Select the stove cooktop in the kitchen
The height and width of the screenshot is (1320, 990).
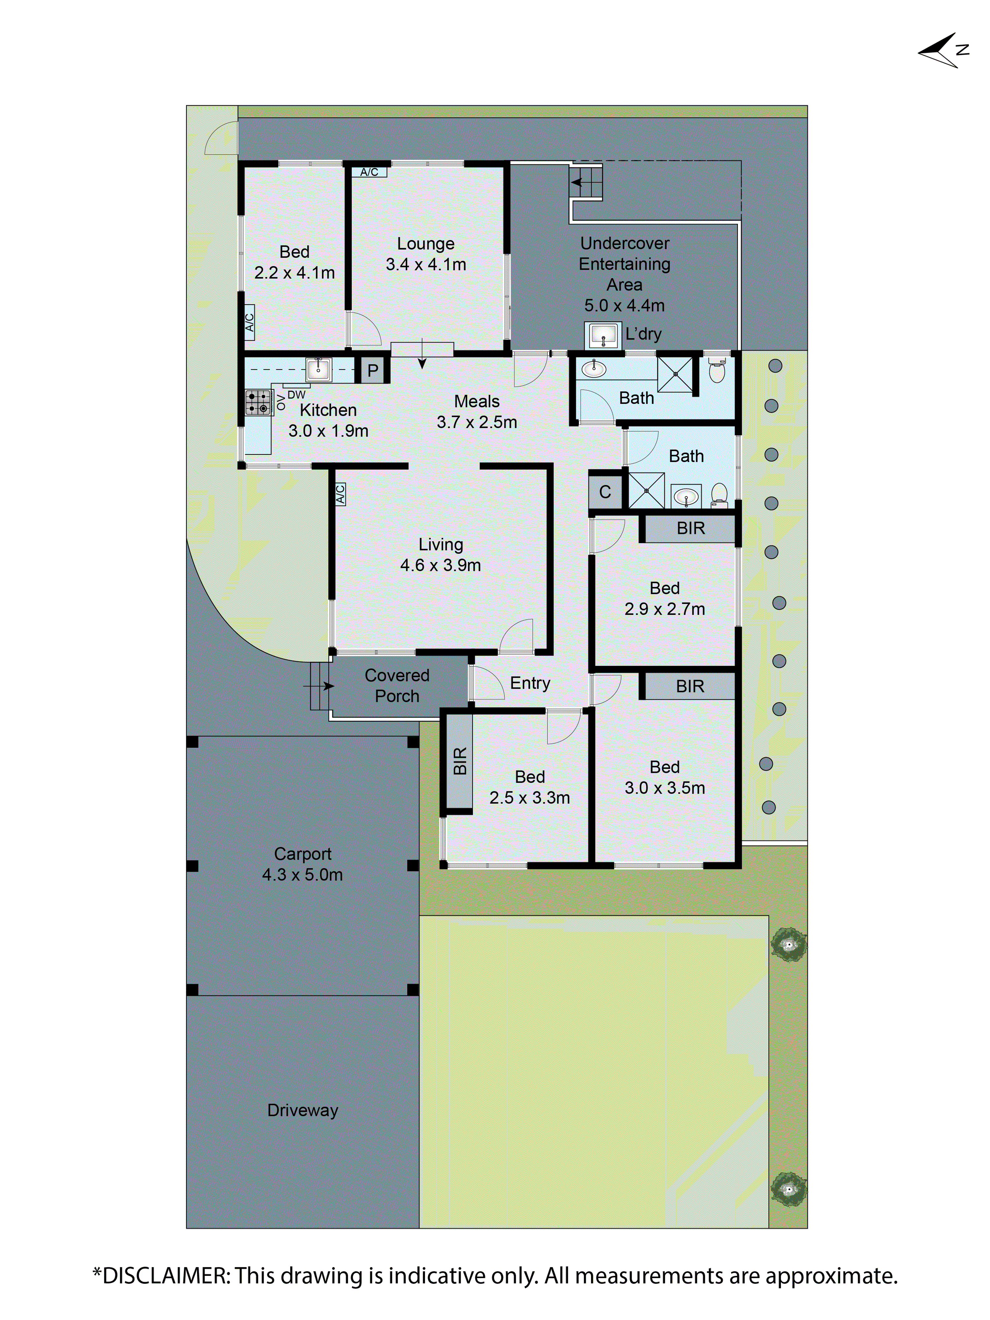tap(258, 402)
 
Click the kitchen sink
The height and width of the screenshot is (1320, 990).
tap(318, 369)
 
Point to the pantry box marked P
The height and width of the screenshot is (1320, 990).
tap(372, 370)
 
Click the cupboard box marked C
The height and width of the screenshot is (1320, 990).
tap(605, 492)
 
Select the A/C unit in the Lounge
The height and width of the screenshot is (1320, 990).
tap(369, 172)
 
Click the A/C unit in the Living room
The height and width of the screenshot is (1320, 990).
tap(340, 494)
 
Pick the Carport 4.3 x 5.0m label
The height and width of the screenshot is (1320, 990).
tap(303, 864)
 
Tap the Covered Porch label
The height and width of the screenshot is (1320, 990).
tap(397, 686)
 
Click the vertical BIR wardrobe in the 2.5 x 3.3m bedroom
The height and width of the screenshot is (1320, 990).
tap(459, 761)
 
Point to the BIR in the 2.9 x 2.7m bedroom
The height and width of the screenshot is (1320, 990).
tap(690, 528)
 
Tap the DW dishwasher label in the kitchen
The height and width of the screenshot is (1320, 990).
tap(296, 394)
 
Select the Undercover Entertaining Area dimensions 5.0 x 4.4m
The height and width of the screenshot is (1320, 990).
tap(624, 306)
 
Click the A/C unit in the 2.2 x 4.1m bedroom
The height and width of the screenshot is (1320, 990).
tap(249, 322)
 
